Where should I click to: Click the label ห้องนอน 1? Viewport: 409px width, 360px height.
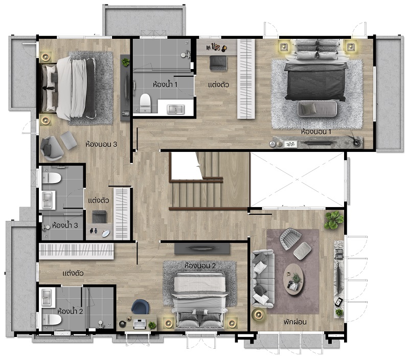pyautogui.click(x=316, y=132)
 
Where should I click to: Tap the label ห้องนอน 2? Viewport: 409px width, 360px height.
pyautogui.click(x=200, y=266)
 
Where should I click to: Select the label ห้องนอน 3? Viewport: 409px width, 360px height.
pyautogui.click(x=101, y=144)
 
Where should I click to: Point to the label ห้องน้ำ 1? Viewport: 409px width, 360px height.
pyautogui.click(x=165, y=84)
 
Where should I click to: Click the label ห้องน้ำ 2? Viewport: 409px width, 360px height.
pyautogui.click(x=70, y=311)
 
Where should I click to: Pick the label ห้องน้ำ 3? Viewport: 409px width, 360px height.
pyautogui.click(x=65, y=225)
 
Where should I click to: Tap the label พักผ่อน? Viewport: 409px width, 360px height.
pyautogui.click(x=295, y=322)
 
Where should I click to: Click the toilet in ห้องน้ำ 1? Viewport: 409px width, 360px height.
pyautogui.click(x=145, y=103)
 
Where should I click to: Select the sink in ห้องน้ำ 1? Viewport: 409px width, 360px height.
pyautogui.click(x=175, y=109)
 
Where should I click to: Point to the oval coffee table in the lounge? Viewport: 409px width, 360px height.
pyautogui.click(x=293, y=279)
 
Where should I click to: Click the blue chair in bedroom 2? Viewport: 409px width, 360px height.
pyautogui.click(x=140, y=307)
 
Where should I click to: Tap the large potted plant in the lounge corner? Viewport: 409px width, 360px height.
pyautogui.click(x=334, y=220)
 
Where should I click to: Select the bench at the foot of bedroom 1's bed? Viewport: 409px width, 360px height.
pyautogui.click(x=317, y=108)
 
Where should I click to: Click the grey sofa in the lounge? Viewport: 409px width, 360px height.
pyautogui.click(x=262, y=278)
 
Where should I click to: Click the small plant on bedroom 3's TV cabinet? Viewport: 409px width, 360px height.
pyautogui.click(x=125, y=62)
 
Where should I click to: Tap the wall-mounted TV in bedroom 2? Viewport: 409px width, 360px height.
pyautogui.click(x=202, y=248)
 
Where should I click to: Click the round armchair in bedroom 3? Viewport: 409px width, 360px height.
pyautogui.click(x=51, y=148)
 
